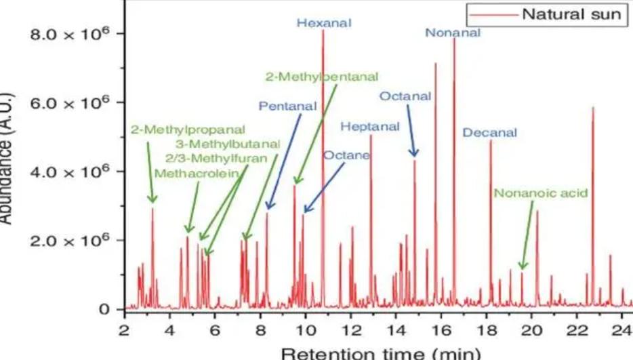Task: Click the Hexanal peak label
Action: (324, 23)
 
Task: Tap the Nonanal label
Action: (452, 33)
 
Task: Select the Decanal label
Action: (489, 132)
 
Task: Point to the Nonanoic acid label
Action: (540, 193)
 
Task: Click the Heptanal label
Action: (370, 126)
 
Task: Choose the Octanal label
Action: (405, 96)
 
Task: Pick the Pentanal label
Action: (287, 106)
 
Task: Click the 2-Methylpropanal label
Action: (187, 129)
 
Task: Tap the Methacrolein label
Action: (197, 173)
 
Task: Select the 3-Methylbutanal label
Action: (227, 144)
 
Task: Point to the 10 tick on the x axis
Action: (306, 330)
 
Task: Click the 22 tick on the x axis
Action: (577, 330)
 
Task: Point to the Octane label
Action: (346, 155)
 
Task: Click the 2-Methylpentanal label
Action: (322, 77)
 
